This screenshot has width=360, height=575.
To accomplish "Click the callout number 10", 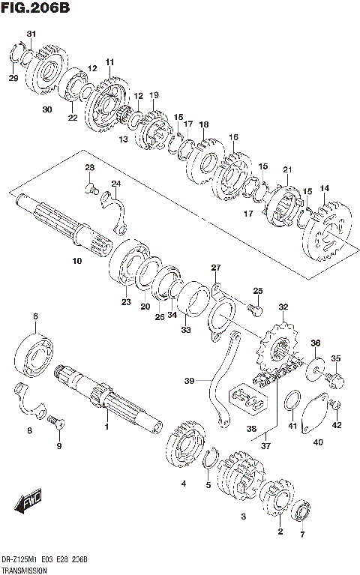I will pos(76,262).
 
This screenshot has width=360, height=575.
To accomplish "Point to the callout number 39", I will pos(190,381).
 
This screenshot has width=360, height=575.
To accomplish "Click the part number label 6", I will pos(35,317).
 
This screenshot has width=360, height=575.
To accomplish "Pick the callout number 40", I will pos(318,442).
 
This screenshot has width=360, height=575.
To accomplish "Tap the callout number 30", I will pos(46,109).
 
